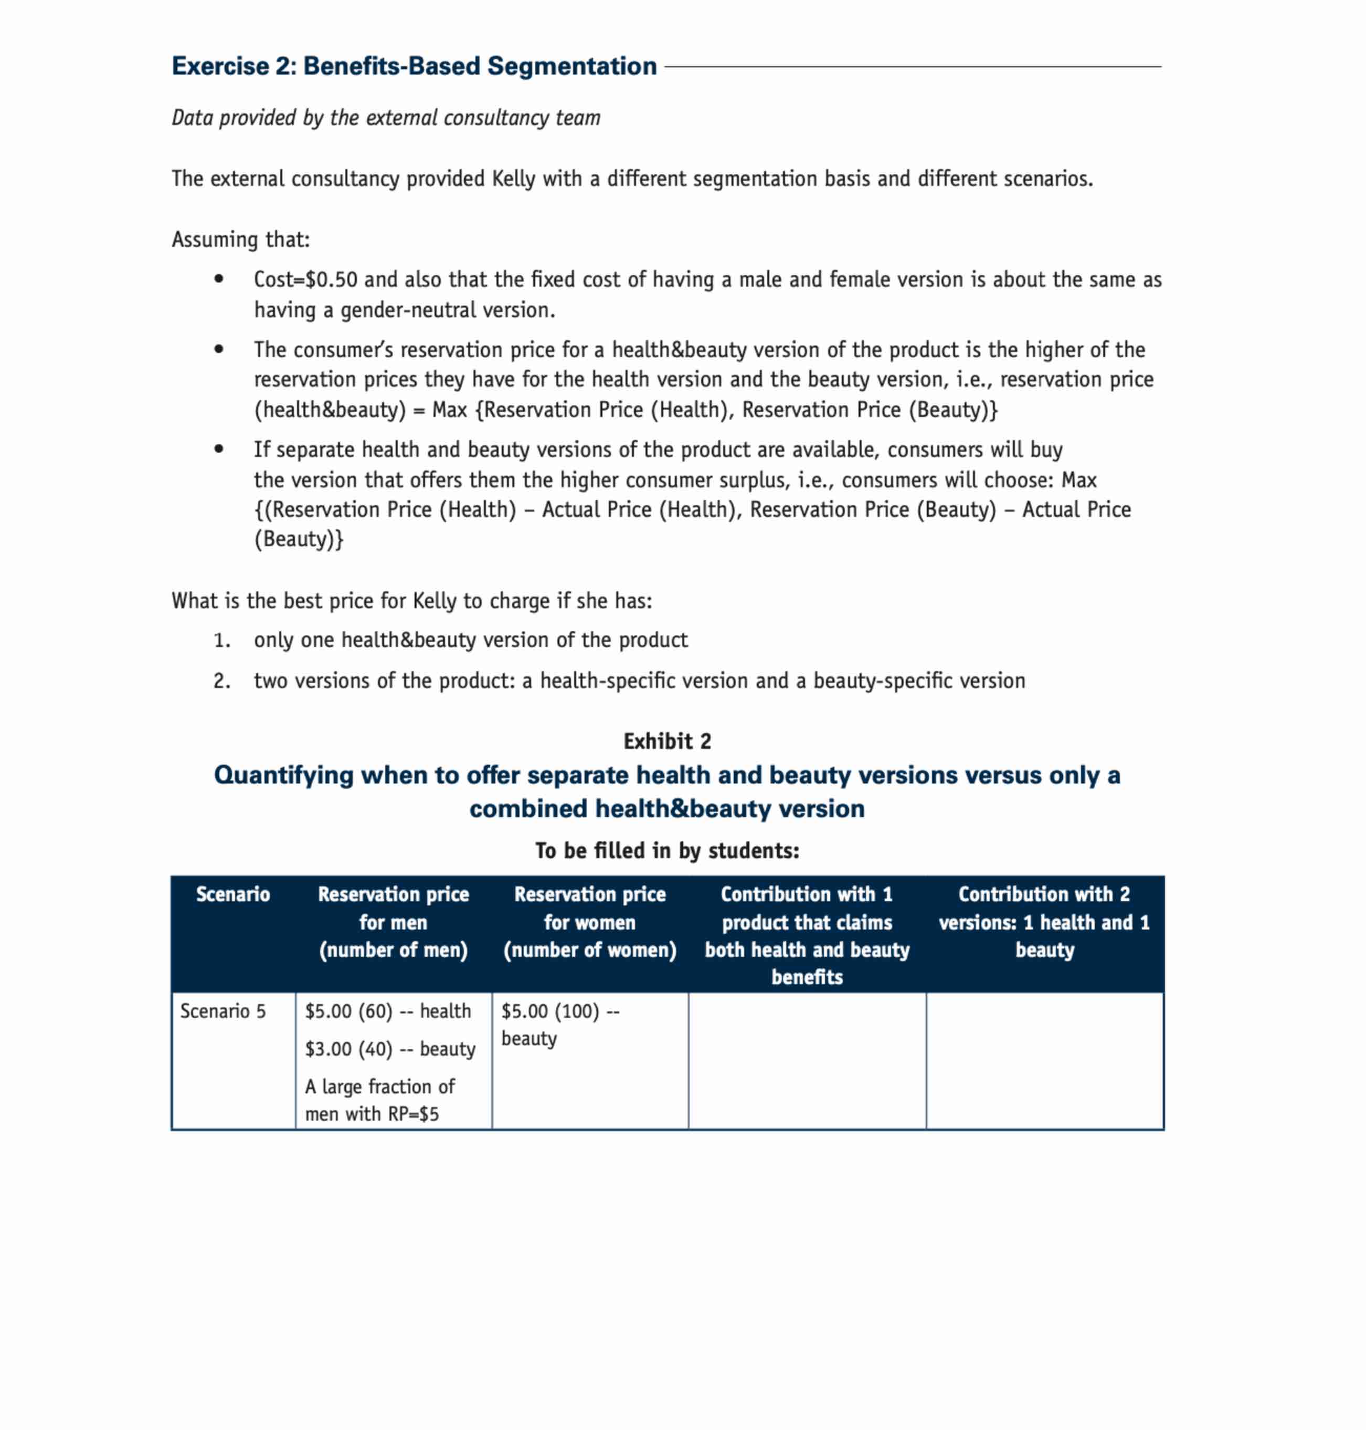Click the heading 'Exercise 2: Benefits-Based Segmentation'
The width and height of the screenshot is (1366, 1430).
[x=414, y=66]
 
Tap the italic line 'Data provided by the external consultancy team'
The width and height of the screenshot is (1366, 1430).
[x=386, y=118]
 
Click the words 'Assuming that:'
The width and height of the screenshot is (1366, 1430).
[x=240, y=239]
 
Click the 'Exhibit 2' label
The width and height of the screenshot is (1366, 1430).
[x=667, y=742]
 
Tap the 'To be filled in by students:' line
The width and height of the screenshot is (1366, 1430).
[x=667, y=851]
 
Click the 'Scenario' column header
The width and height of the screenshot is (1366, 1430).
[x=233, y=894]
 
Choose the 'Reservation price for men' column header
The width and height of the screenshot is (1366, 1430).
[x=393, y=922]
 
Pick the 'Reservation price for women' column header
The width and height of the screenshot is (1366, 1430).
[x=590, y=922]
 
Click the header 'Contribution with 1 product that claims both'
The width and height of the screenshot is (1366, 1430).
[x=807, y=935]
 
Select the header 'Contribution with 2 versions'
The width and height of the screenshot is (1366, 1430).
[x=1044, y=922]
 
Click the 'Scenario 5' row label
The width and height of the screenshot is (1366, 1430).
[x=223, y=1012]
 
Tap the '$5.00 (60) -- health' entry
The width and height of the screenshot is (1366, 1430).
[x=388, y=1012]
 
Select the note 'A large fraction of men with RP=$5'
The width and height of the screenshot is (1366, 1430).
[x=379, y=1101]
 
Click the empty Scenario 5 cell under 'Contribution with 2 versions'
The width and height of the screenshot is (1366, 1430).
[x=1044, y=1061]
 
